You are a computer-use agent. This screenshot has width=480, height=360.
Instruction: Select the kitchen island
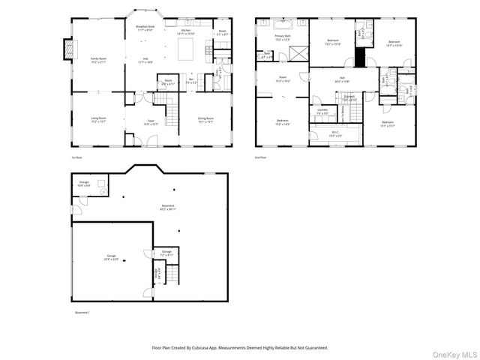(185, 49)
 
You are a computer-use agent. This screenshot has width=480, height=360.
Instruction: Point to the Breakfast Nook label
(145, 26)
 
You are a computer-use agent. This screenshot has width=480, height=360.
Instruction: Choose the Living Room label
(98, 118)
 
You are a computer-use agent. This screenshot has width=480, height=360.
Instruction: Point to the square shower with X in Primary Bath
(298, 54)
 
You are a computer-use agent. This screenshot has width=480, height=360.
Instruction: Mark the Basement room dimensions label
(168, 209)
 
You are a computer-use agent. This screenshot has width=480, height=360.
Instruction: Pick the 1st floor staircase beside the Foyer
(172, 115)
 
